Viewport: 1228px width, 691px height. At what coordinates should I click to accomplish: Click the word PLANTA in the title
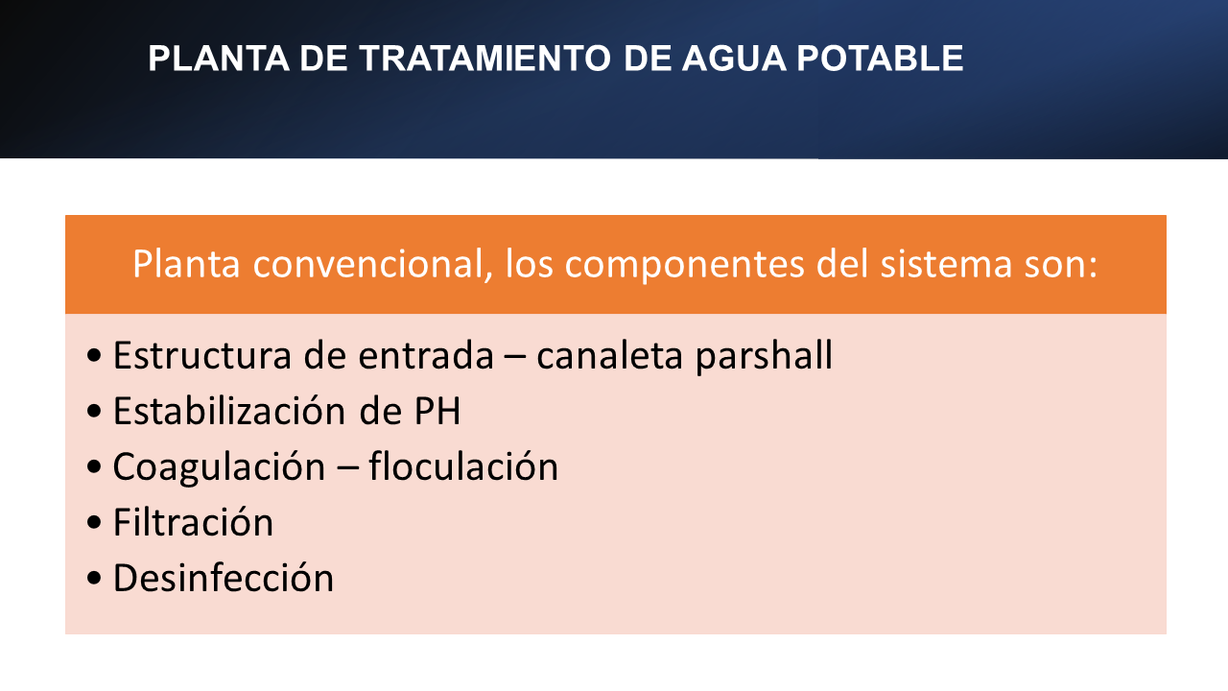coord(219,59)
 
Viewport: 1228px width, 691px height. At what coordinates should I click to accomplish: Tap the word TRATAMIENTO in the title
coord(485,59)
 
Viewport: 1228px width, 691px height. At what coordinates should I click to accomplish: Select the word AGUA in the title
coord(734,59)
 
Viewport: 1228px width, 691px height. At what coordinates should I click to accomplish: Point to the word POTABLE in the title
coord(880,59)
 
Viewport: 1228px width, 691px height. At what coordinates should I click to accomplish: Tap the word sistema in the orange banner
coord(946,264)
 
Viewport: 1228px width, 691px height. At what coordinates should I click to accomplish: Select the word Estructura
coord(202,355)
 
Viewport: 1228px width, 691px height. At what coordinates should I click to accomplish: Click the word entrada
coord(426,355)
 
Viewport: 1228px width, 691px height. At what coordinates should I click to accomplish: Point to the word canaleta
coord(609,355)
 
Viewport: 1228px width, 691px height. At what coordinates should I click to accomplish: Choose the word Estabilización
coord(229,410)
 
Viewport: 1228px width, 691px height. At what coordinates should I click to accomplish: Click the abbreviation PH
coord(437,412)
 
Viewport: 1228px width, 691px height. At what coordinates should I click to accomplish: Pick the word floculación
coord(463,466)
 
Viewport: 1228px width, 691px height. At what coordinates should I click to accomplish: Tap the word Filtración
coord(193,522)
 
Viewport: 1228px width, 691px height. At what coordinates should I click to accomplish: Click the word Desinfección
coord(224,578)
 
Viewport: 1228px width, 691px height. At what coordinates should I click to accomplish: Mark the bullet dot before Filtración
coord(94,523)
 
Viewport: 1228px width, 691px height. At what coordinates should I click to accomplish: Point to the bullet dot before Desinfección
coord(94,578)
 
